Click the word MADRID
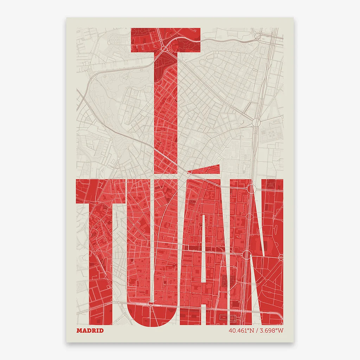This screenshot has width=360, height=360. tap(90, 330)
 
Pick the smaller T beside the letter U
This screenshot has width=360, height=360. tap(101, 246)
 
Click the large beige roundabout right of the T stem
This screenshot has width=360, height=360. tap(256, 122)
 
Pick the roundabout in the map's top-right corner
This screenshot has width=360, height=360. tap(258, 36)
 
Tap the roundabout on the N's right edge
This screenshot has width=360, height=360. tap(281, 258)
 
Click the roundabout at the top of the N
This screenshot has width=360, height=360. tap(250, 189)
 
